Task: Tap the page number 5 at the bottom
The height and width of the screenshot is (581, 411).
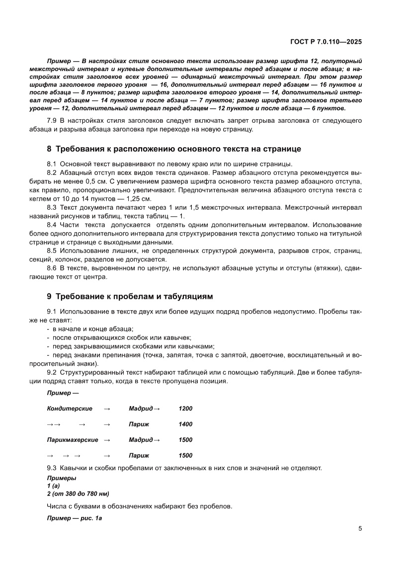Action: (x=360, y=528)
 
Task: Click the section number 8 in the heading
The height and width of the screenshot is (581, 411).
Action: (x=49, y=149)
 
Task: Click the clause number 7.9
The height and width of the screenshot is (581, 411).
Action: (x=52, y=121)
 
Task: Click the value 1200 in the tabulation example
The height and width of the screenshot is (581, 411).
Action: (x=185, y=409)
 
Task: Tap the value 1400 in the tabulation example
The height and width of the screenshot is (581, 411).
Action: (x=185, y=424)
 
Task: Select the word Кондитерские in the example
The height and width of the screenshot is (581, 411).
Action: (x=70, y=409)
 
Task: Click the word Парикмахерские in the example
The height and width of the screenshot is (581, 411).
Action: (x=73, y=440)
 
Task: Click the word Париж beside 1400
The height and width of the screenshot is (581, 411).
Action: (x=139, y=424)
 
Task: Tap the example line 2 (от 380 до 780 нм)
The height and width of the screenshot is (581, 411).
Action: (x=78, y=494)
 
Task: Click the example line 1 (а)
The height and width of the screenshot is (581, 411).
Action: (x=54, y=486)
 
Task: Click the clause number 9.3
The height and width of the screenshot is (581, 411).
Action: (x=52, y=468)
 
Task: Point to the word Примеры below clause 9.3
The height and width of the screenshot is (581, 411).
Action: (x=62, y=478)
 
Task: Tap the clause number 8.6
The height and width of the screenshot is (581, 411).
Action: (x=52, y=268)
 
